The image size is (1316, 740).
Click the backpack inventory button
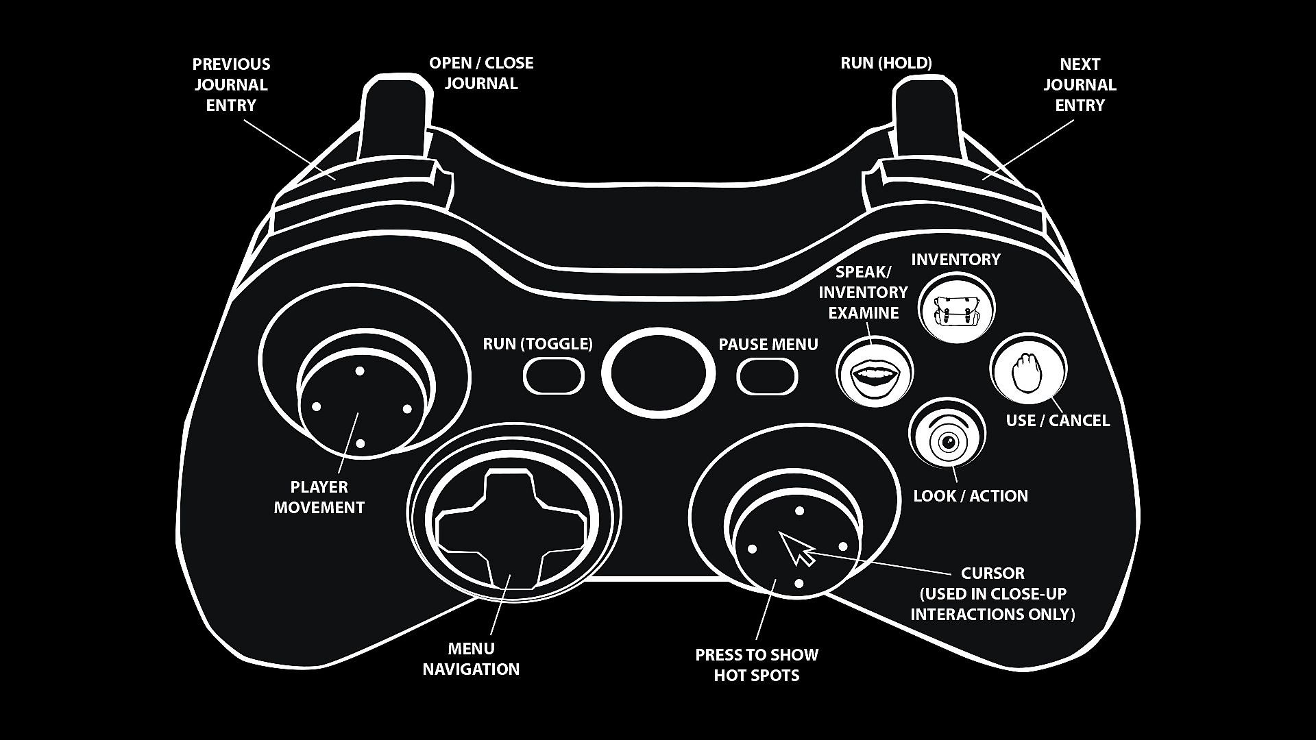coord(955,309)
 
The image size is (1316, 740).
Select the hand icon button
coord(1027,371)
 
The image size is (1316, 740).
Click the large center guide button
coord(658,373)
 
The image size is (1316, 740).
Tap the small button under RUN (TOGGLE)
coord(553,376)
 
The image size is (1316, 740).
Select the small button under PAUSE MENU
coord(767,376)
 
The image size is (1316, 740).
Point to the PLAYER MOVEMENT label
coord(319,497)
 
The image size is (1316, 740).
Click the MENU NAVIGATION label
coord(471,659)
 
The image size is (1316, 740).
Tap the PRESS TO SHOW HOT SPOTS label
coord(757,665)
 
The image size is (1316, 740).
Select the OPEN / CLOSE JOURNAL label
coord(481,73)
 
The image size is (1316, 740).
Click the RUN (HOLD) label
coord(886,63)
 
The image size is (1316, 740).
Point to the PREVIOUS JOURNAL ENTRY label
coord(231,85)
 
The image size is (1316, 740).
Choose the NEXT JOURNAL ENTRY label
coord(1080,85)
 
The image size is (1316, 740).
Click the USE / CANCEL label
coord(1058,421)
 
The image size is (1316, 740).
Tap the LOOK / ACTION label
coord(971,496)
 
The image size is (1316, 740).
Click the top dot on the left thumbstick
coord(360,371)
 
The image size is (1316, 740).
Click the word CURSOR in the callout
coord(992,573)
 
